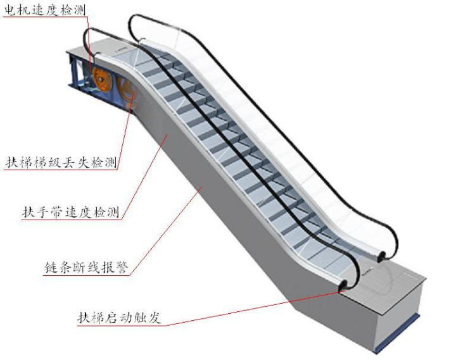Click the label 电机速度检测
[45, 9]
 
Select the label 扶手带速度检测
[70, 211]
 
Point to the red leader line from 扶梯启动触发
[253, 307]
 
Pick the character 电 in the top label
[11, 9]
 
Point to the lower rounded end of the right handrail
[384, 255]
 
